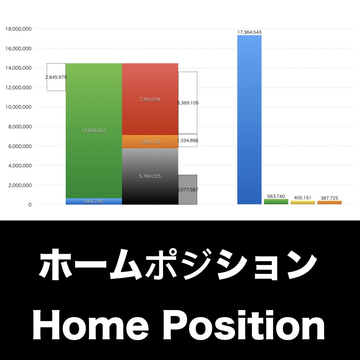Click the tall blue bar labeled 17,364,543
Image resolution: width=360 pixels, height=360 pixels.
pos(249,120)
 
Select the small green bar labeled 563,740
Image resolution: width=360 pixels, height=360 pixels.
pos(276,201)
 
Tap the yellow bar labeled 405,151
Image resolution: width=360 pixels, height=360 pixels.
pos(303,202)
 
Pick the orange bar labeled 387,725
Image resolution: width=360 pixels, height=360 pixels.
pos(329,202)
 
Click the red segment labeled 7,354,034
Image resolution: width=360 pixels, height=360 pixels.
pos(150,99)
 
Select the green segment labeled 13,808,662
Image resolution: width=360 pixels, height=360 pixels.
pos(94,130)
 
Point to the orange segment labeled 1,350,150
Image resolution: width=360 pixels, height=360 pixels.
pos(150,142)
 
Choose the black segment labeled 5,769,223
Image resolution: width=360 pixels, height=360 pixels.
pos(150,176)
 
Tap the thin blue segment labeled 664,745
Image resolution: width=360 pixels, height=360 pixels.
pos(94,201)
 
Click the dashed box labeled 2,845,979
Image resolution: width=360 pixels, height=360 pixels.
pos(56,77)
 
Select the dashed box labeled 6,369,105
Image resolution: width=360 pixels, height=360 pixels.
pos(188,103)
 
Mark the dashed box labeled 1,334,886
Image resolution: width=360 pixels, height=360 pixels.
pos(188,140)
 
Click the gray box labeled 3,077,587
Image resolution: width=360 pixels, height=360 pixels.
pos(188,189)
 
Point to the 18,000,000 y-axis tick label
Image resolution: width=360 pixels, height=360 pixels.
pos(19,29)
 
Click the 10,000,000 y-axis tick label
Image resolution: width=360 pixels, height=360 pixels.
pos(19,107)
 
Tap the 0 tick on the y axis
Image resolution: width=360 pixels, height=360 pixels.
pos(30,205)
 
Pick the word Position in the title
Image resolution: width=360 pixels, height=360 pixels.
pos(245,326)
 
